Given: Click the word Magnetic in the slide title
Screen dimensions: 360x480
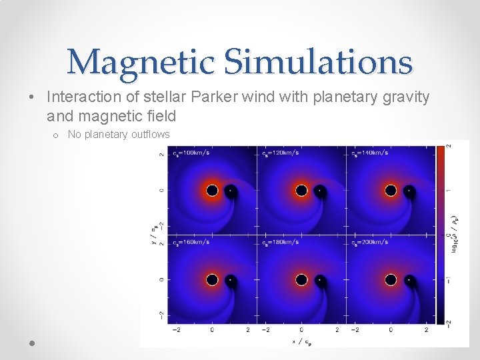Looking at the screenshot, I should (141, 62).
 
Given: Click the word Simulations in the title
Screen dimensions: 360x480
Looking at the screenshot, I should (318, 62).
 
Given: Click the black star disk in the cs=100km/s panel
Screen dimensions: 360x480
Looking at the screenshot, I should (212, 191).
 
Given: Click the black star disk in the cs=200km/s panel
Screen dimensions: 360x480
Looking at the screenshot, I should (391, 280).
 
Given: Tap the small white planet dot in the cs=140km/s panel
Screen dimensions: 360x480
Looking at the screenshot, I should (409, 191).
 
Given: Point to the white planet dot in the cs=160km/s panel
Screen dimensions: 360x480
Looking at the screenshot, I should (230, 280).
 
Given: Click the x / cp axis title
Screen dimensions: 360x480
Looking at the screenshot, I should (301, 342).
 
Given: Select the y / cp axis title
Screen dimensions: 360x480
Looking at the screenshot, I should (155, 235).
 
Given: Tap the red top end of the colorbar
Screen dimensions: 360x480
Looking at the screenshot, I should (441, 150).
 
